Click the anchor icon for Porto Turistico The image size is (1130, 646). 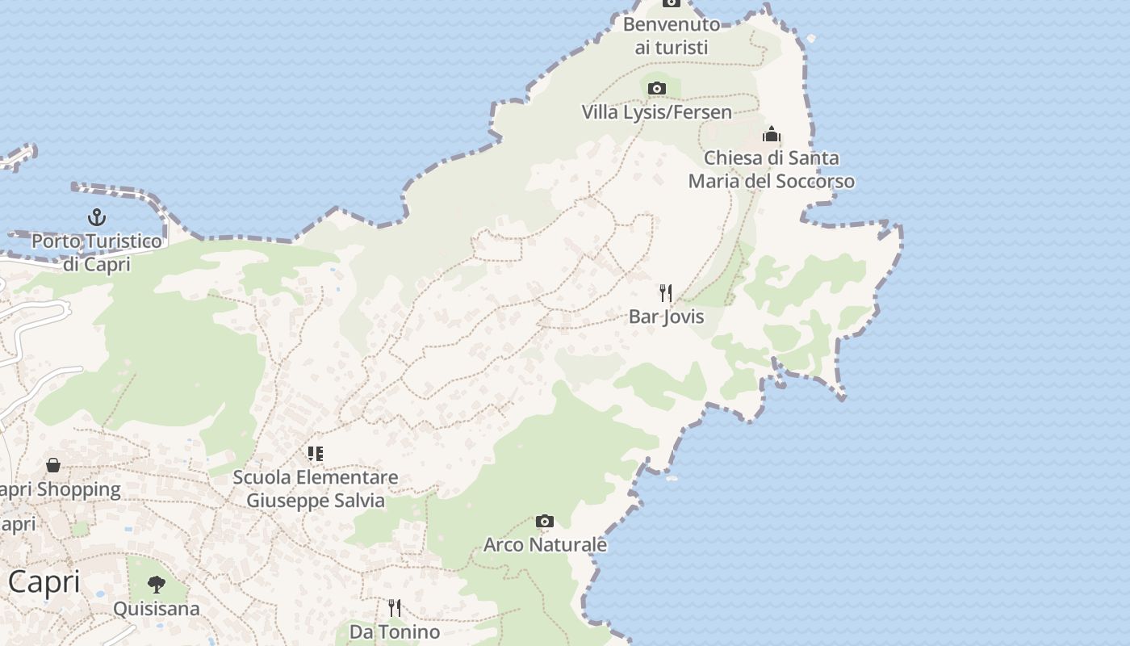click(x=97, y=216)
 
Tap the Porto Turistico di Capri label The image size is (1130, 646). click(x=97, y=252)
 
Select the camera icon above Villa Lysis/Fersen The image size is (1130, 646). click(x=657, y=88)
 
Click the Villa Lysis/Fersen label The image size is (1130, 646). click(x=657, y=112)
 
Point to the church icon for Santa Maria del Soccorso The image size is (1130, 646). click(x=772, y=134)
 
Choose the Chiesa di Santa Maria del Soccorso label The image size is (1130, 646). click(x=771, y=170)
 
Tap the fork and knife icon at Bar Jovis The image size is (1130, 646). click(x=666, y=292)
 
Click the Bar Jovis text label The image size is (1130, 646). click(x=666, y=317)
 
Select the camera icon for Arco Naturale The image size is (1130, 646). click(x=545, y=521)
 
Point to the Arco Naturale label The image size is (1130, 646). click(x=545, y=545)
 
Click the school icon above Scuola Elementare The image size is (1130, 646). click(x=315, y=453)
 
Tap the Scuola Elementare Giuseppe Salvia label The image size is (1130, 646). click(x=316, y=489)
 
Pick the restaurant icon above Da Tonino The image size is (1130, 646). click(x=395, y=607)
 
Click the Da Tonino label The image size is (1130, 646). click(x=395, y=631)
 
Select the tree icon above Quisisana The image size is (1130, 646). click(x=157, y=584)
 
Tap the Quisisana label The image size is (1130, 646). click(x=157, y=608)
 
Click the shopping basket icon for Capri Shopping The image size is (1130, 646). click(x=53, y=465)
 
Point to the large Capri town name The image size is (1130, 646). click(x=44, y=581)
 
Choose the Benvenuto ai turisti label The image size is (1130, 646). click(x=671, y=36)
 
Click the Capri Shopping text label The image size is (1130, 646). click(x=61, y=489)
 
